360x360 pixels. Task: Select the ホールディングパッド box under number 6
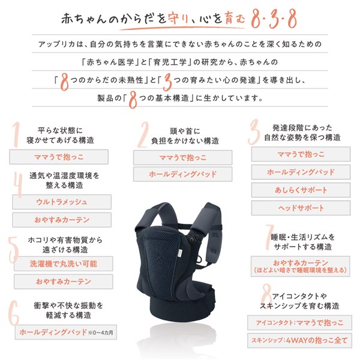[x=54, y=332]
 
